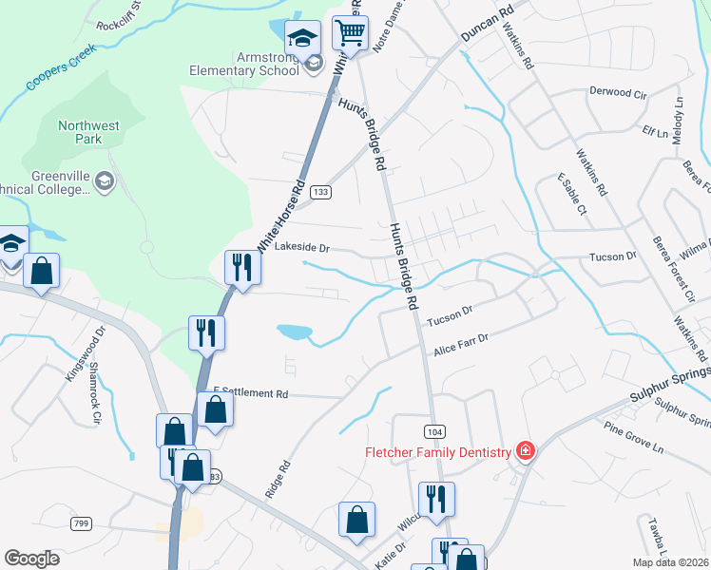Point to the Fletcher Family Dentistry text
pyautogui.click(x=438, y=452)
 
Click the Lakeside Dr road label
pyautogui.click(x=301, y=248)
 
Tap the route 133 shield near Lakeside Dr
pyautogui.click(x=320, y=192)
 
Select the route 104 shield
pyautogui.click(x=433, y=431)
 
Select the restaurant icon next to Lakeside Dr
pyautogui.click(x=240, y=267)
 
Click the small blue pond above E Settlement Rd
pyautogui.click(x=295, y=332)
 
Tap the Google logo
pyautogui.click(x=32, y=559)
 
